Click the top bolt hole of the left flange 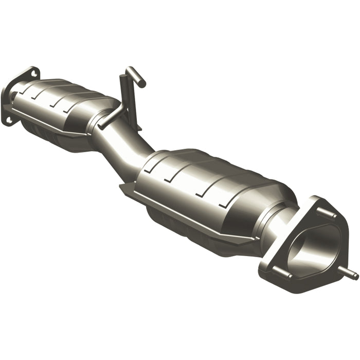pyautogui.click(x=34, y=74)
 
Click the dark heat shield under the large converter pyautogui.click(x=195, y=231)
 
